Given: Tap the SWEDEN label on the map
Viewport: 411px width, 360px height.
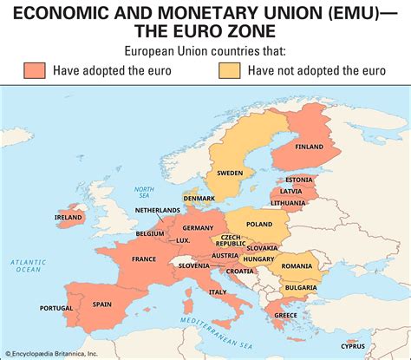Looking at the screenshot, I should click(x=230, y=173).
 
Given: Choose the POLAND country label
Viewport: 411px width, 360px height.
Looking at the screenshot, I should click(x=258, y=223).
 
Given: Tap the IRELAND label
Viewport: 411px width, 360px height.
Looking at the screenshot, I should click(x=68, y=218).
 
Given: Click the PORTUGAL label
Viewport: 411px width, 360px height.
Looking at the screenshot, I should click(x=56, y=308).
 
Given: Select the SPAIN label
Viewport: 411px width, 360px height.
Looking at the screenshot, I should click(x=102, y=304).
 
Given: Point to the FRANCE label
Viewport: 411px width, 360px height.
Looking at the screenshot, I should click(x=144, y=259).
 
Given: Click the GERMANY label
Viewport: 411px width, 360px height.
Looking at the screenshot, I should click(x=199, y=227).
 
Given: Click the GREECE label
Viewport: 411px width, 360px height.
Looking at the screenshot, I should click(x=286, y=315).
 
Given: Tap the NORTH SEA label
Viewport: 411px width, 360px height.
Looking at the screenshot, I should click(x=144, y=192).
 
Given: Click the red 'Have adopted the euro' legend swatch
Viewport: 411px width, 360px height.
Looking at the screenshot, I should click(x=35, y=70).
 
